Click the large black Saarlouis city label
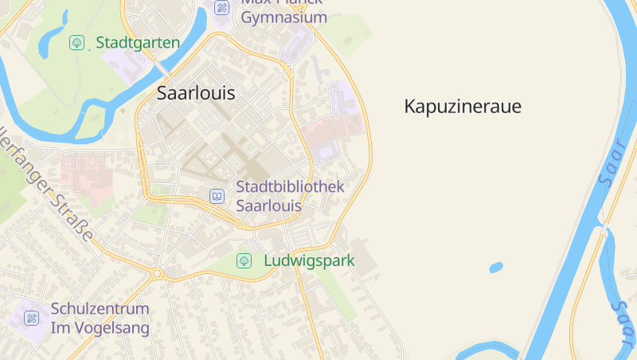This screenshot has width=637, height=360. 196,92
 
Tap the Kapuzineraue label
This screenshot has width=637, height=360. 463,106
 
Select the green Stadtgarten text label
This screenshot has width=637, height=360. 138,42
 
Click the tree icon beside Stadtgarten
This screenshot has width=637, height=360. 76,42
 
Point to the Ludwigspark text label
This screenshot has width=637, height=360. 309,260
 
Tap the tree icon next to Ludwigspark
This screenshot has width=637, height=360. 244,260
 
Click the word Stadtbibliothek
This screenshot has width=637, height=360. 291,186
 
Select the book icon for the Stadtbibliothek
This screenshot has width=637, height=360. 217,195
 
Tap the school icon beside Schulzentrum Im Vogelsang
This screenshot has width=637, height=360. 32,318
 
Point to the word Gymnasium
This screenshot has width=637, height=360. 283,18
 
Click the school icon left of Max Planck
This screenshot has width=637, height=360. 222,8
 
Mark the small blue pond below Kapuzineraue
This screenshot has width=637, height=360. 496,267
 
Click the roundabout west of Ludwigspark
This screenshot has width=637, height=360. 157,273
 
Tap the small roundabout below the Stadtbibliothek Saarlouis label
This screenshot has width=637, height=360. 240,224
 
